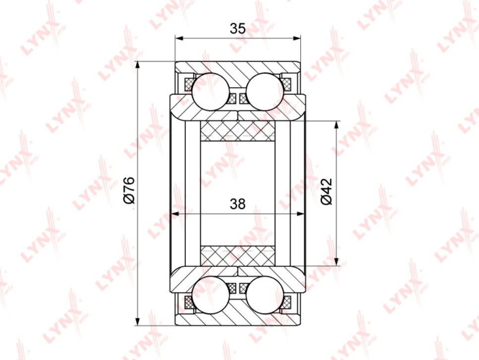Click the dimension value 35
point(238,28)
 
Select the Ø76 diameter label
point(129,190)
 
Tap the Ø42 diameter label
point(326,192)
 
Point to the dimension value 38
point(238,204)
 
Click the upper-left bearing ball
point(211,91)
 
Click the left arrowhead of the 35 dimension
point(179,38)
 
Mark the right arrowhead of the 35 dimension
point(297,38)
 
